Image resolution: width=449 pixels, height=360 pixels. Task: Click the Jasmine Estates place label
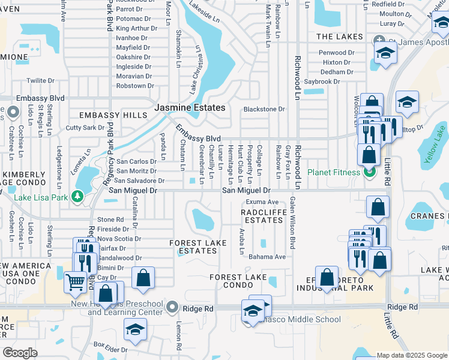point(190,108)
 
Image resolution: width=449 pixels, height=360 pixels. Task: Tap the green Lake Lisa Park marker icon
point(77,196)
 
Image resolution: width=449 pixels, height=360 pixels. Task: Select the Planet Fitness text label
point(335,173)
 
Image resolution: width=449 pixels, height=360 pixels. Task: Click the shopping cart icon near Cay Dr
point(75,282)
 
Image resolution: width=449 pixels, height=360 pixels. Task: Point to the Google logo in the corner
point(20,353)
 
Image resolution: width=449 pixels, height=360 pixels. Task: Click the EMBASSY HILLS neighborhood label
point(113,115)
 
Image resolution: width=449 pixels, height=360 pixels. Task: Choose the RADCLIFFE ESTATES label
point(262,217)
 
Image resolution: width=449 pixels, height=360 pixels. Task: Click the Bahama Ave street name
point(268,257)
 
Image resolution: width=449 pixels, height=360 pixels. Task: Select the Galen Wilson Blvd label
point(293,223)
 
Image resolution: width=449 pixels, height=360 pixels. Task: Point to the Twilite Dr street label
point(40,80)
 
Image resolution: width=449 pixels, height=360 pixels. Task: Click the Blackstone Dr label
point(264,109)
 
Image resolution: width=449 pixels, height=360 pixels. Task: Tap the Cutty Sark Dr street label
point(85,128)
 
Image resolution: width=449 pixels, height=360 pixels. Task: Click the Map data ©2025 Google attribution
point(412,356)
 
